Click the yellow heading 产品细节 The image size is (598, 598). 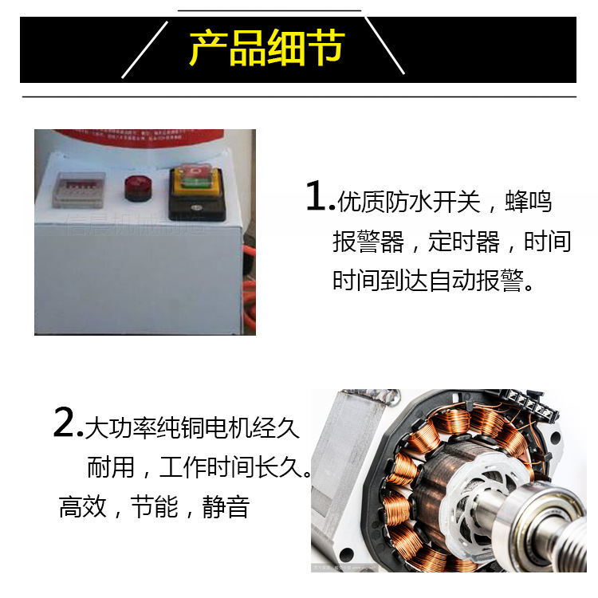(266, 49)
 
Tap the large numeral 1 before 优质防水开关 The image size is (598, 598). (317, 197)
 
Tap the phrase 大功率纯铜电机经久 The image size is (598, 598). (192, 428)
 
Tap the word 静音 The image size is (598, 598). (226, 506)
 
